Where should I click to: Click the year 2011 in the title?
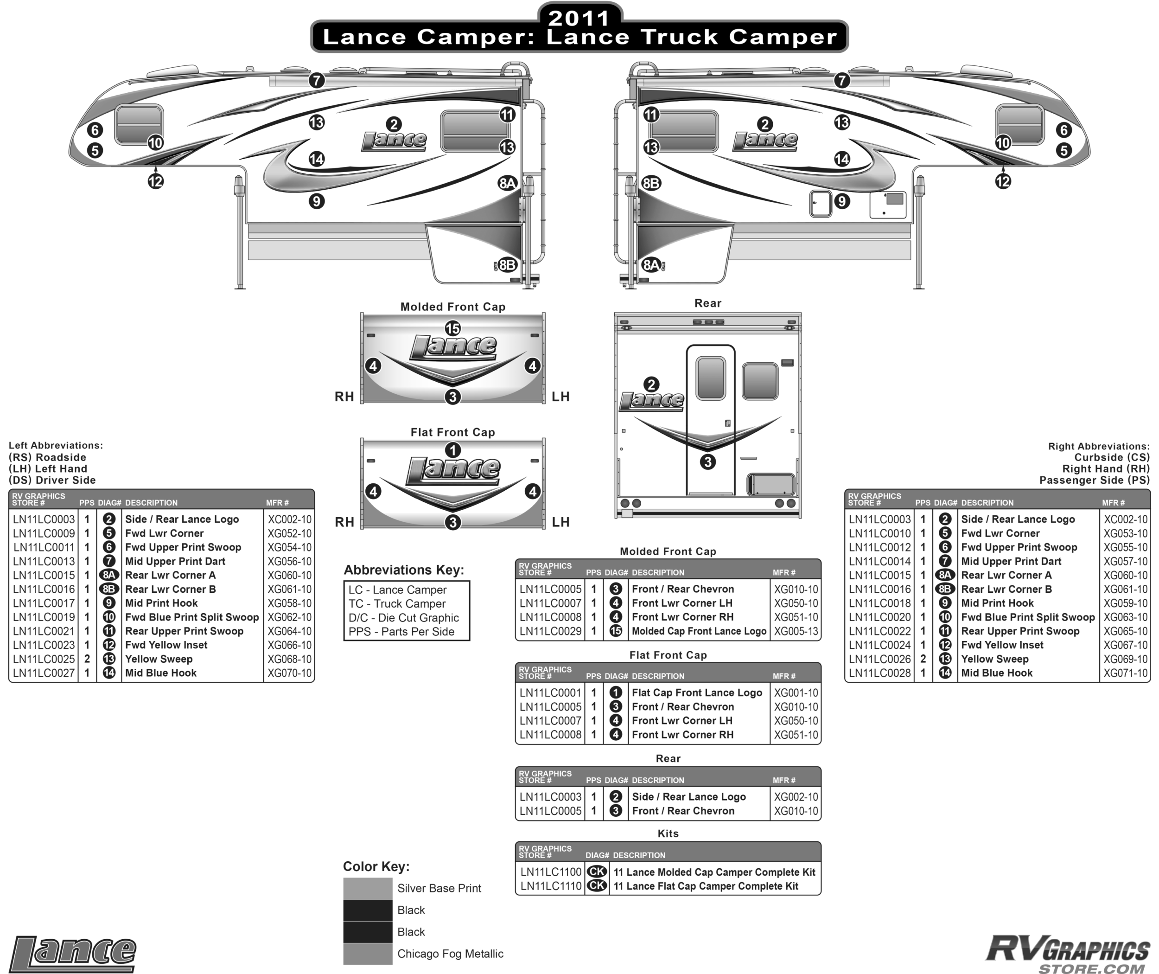coord(579,18)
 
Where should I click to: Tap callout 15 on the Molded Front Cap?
coord(452,328)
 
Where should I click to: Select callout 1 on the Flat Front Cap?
coord(452,450)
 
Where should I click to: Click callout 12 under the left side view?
coord(156,181)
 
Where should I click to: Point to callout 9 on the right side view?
coord(841,201)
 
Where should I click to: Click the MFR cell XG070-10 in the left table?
coord(289,673)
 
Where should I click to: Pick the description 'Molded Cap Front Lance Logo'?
coord(699,631)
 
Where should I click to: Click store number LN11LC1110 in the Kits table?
coord(551,886)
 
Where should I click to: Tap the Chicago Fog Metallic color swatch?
coord(368,954)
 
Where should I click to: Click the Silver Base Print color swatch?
coord(368,888)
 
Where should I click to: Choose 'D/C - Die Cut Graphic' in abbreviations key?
coord(403,618)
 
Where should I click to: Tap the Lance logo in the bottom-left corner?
coord(73,954)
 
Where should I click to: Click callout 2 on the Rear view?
coord(651,384)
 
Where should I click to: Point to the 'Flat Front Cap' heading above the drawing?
coord(452,432)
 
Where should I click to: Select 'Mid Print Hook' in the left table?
coord(161,603)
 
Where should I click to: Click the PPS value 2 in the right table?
coord(923,659)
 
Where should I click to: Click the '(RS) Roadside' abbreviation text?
coord(47,457)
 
